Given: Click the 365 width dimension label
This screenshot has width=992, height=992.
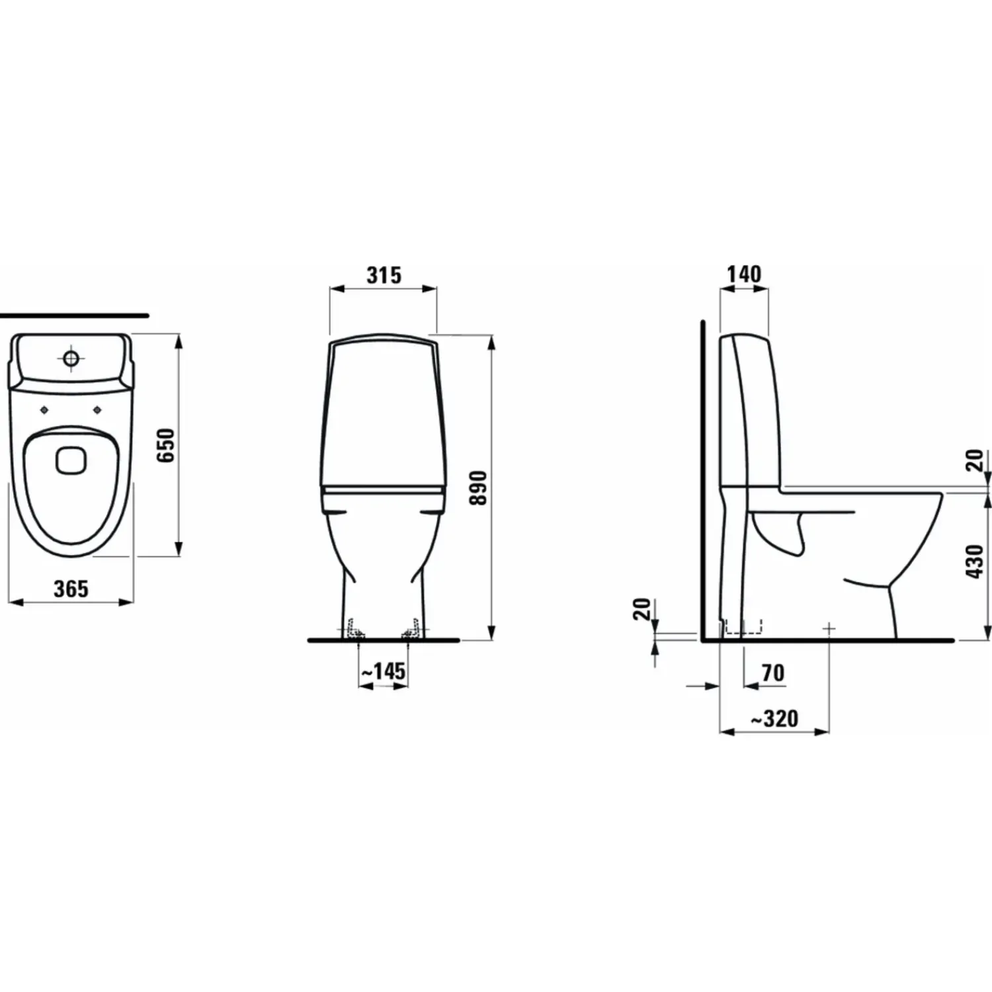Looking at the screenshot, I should pyautogui.click(x=71, y=588).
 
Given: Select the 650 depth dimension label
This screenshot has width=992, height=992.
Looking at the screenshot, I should pyautogui.click(x=167, y=445).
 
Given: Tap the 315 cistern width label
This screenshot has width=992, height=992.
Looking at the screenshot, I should pyautogui.click(x=384, y=274).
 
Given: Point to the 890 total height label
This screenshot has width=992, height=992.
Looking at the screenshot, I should pyautogui.click(x=478, y=487).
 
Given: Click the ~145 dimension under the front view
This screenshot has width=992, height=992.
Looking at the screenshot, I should pyautogui.click(x=383, y=671).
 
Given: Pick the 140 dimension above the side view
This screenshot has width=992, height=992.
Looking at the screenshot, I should pyautogui.click(x=744, y=274).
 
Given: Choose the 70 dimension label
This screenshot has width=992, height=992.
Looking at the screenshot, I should pyautogui.click(x=772, y=673).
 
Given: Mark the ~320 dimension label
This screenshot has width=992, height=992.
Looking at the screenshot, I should pyautogui.click(x=774, y=718).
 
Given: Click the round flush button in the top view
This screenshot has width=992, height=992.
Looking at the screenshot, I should pyautogui.click(x=71, y=358).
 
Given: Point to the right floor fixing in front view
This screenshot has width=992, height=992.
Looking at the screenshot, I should pyautogui.click(x=411, y=631).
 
